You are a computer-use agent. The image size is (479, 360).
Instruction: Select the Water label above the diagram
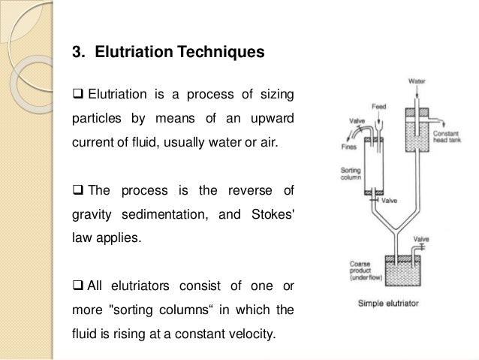tap(417, 80)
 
